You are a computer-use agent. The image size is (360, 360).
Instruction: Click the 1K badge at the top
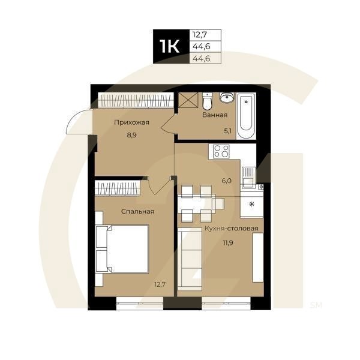tap(171, 46)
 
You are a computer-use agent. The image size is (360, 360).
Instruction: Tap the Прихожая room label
tap(131, 123)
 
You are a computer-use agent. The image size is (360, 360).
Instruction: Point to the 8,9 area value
tap(131, 136)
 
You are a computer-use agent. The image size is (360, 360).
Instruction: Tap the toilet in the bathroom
tap(207, 100)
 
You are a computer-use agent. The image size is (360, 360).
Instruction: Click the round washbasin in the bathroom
tap(227, 98)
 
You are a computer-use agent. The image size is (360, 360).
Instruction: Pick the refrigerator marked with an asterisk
tap(251, 205)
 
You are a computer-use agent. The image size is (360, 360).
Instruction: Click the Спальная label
tap(137, 212)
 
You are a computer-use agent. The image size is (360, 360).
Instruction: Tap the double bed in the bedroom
tap(123, 248)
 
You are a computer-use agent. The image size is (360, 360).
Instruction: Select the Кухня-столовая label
tap(231, 229)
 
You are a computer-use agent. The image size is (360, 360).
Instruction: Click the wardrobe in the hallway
tap(132, 100)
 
